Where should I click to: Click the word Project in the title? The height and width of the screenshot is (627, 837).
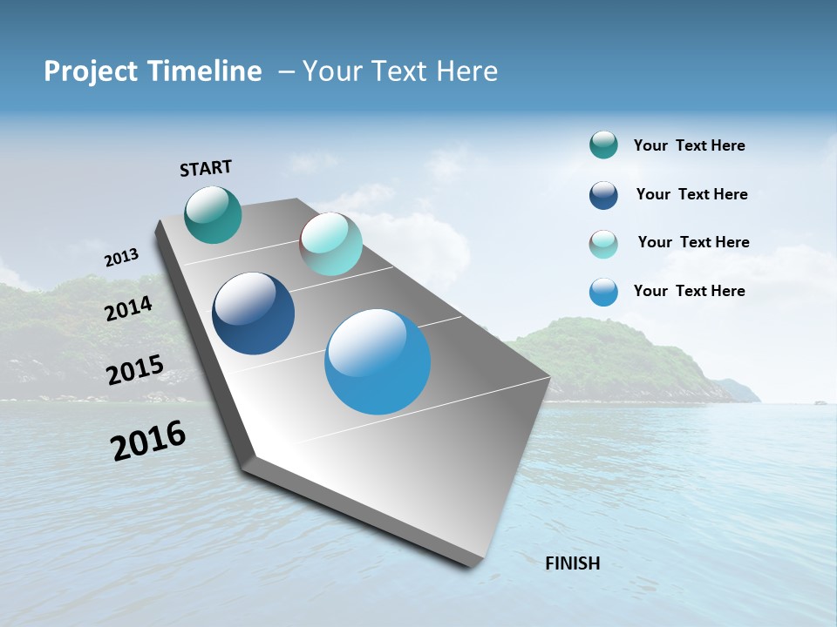coord(87,71)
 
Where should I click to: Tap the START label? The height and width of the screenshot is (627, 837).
coord(206,168)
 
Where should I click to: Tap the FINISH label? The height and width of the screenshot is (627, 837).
coord(573,563)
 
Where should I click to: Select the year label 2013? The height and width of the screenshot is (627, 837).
coord(122,258)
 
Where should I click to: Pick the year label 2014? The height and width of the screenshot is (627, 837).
coord(129,309)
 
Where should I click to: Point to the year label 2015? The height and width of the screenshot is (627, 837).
coord(135,370)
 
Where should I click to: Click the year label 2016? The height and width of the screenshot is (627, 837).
coord(148,441)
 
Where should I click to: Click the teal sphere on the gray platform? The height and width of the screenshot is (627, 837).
coord(214,214)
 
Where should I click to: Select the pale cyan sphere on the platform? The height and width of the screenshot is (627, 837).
coord(330,244)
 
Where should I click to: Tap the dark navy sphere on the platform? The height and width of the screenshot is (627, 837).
coord(254,313)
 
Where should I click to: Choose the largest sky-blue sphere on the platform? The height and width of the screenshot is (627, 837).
coord(378,361)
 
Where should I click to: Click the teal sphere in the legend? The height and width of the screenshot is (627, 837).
coord(603,145)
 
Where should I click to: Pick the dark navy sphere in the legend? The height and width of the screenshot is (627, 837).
coord(603,195)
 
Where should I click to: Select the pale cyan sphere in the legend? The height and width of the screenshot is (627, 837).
coord(603,244)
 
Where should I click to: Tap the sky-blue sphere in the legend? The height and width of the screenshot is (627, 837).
coord(603,292)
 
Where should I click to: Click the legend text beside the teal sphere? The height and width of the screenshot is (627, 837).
coord(689,145)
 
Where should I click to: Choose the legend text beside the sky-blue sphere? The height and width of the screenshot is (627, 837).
coord(689,291)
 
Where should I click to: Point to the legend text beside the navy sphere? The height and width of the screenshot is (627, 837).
coord(691,194)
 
